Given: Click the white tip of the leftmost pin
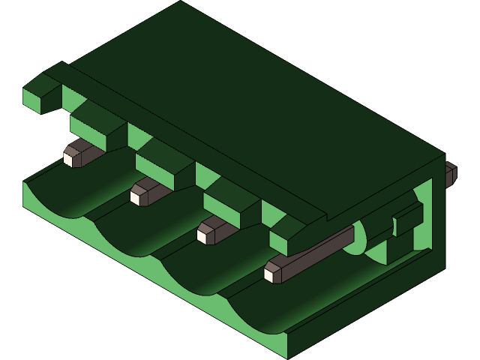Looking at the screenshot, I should point(68,159).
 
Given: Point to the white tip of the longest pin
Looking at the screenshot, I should point(268,274).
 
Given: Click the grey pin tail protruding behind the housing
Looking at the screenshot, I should point(450,174).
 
